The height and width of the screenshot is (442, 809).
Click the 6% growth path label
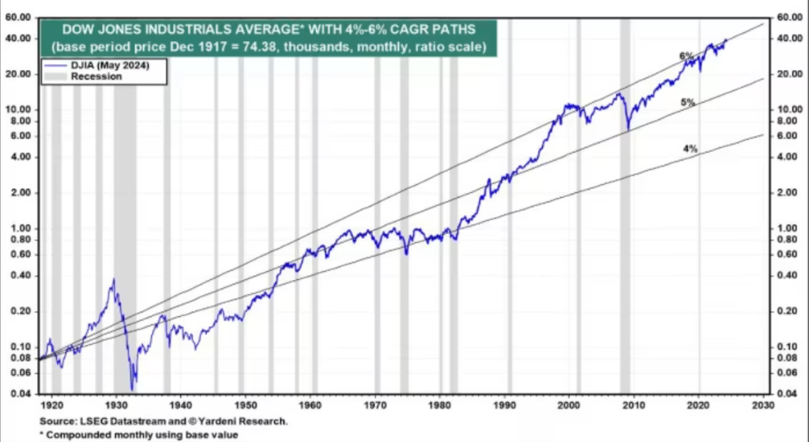(x=686, y=56)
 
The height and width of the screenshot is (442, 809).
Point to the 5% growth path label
(x=687, y=103)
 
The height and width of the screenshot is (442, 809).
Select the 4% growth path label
(x=690, y=149)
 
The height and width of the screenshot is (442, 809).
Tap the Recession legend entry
(x=96, y=77)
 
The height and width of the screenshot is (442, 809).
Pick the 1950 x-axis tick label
(x=243, y=404)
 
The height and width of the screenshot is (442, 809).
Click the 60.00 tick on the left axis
(x=17, y=17)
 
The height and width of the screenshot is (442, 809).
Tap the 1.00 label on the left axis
(x=21, y=229)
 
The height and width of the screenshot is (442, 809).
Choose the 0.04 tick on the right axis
(x=785, y=394)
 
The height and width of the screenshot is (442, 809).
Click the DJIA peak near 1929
(x=113, y=279)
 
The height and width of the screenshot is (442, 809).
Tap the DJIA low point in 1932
(x=133, y=388)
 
